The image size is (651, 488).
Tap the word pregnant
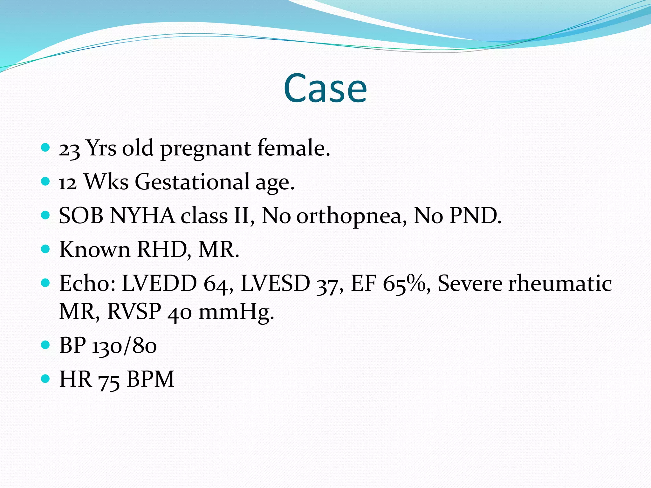(x=205, y=149)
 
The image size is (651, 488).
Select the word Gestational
(x=192, y=182)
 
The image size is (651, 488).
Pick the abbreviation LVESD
(x=275, y=283)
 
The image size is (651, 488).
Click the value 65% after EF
(x=407, y=283)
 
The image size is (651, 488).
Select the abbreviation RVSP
(x=134, y=311)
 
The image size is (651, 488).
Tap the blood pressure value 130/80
(x=124, y=346)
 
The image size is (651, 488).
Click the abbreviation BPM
(x=150, y=379)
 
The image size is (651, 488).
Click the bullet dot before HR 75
(x=46, y=378)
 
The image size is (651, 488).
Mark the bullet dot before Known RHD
(x=46, y=249)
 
